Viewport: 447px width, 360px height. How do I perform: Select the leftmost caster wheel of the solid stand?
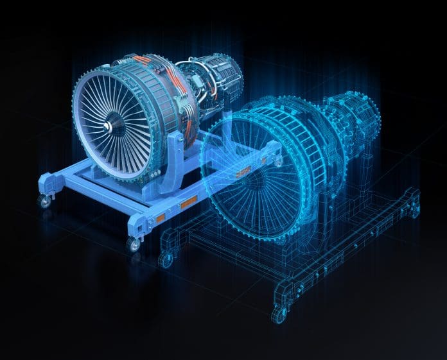click(x=44, y=201)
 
